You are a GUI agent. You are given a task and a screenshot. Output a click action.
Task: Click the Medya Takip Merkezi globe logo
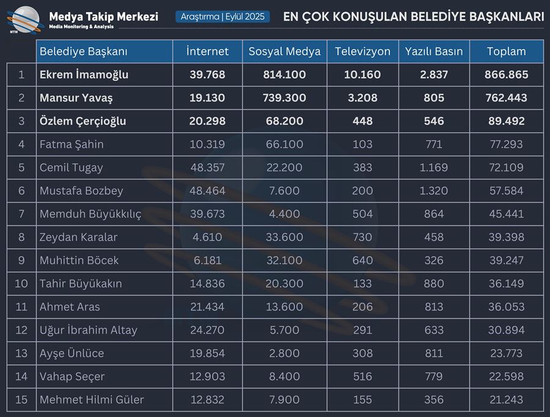[24, 19]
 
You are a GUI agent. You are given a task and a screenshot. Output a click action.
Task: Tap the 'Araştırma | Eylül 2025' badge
[223, 16]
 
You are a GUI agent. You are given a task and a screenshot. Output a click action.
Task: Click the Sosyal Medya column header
[284, 51]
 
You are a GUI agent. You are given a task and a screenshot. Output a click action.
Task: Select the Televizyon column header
[362, 51]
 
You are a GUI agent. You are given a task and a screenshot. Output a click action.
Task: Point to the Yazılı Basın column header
[434, 51]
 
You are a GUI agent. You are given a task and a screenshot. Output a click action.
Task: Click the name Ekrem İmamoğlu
[84, 74]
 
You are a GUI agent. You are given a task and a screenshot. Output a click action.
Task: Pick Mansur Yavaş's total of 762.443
[506, 98]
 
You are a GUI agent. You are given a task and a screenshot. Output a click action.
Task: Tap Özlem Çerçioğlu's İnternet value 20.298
[207, 121]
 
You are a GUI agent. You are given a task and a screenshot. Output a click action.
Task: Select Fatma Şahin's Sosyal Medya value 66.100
[284, 144]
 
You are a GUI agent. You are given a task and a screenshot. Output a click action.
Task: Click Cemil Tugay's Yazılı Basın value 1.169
[434, 167]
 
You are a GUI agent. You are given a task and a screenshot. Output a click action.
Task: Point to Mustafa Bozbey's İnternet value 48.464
[207, 190]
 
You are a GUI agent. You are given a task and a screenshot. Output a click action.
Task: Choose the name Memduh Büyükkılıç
[90, 214]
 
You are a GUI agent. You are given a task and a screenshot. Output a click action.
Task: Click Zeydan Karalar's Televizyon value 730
[362, 237]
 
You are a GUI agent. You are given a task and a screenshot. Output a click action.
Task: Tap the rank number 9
[21, 260]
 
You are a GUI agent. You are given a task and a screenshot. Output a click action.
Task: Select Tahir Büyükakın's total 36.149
[506, 283]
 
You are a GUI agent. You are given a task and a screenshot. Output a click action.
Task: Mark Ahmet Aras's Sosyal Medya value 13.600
[284, 306]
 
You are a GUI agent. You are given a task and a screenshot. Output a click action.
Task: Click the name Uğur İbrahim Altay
[89, 330]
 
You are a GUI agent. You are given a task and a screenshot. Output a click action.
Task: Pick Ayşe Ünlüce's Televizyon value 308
[362, 353]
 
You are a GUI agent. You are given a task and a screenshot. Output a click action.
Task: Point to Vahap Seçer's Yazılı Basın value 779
[434, 376]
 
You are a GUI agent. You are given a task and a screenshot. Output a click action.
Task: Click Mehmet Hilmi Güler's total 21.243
[506, 399]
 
